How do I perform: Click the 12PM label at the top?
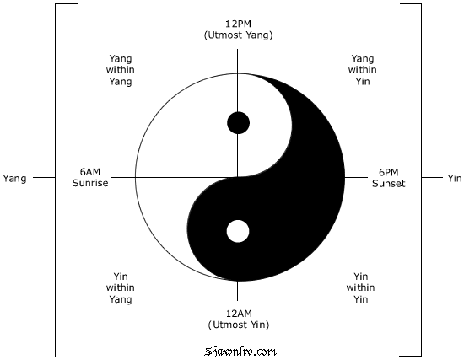[x=238, y=24]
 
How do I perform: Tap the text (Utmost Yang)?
[x=238, y=35]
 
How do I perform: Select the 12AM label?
[x=239, y=313]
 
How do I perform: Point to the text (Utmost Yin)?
[x=239, y=325]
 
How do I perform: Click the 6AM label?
[x=90, y=172]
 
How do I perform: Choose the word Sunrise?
[x=90, y=183]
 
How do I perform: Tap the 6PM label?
[x=389, y=172]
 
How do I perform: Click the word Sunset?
[x=389, y=184]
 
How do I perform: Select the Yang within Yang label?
[x=120, y=70]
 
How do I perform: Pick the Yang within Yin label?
[x=363, y=70]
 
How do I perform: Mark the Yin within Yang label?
[x=120, y=287]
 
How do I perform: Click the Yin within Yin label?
[x=361, y=287]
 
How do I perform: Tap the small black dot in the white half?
[x=238, y=123]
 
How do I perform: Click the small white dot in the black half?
[x=238, y=231]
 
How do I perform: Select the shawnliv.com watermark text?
[x=240, y=352]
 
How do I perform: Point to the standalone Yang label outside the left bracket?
[x=14, y=179]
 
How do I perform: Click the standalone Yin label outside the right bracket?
[x=455, y=178]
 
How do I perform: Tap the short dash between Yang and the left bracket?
[x=44, y=178]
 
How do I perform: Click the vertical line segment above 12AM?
[x=238, y=291]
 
